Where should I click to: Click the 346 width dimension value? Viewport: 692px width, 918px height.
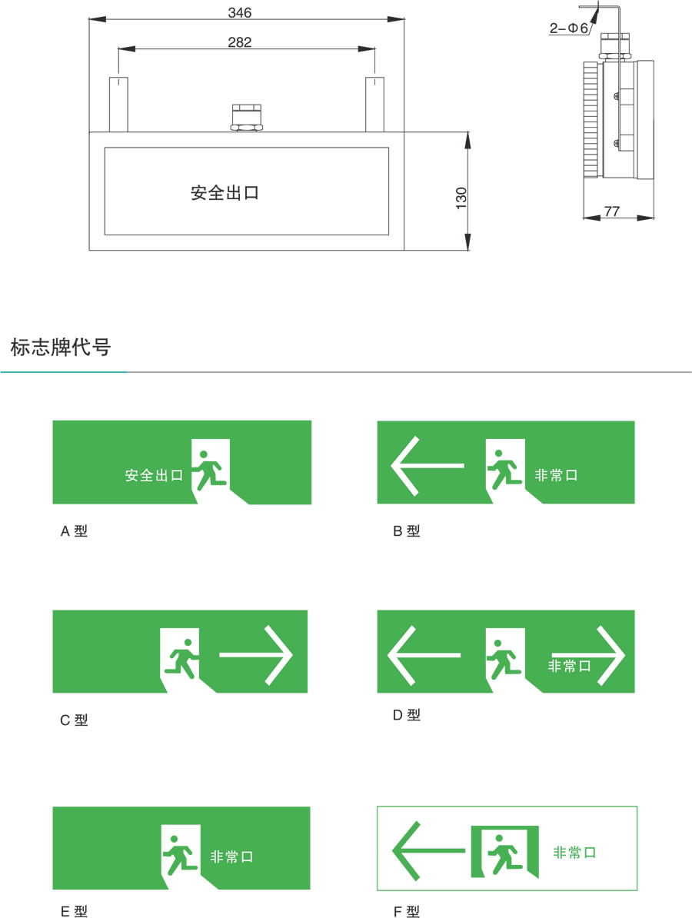(239, 12)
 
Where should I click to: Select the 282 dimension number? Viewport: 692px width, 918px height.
(239, 42)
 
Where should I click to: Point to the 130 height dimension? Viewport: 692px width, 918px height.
(461, 198)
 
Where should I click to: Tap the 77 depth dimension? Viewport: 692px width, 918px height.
(612, 211)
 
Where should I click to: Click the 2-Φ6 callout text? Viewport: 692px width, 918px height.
(568, 28)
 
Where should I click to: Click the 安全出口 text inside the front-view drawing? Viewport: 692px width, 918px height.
(225, 193)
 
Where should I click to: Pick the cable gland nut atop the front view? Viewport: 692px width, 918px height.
(247, 117)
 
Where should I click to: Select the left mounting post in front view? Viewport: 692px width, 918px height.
(118, 105)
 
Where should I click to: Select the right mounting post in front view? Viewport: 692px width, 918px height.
(374, 105)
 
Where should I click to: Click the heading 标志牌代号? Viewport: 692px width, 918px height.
(60, 348)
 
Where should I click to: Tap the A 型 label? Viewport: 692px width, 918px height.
(74, 531)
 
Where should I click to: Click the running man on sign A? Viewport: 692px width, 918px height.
(210, 470)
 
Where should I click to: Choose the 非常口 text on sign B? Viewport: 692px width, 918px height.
(556, 475)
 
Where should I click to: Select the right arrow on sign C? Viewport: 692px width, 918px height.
(256, 655)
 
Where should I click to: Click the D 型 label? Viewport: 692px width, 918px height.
(406, 715)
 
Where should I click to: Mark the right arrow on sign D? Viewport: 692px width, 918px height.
(588, 656)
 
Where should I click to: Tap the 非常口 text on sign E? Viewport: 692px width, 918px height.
(232, 856)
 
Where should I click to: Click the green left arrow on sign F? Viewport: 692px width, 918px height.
(429, 850)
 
